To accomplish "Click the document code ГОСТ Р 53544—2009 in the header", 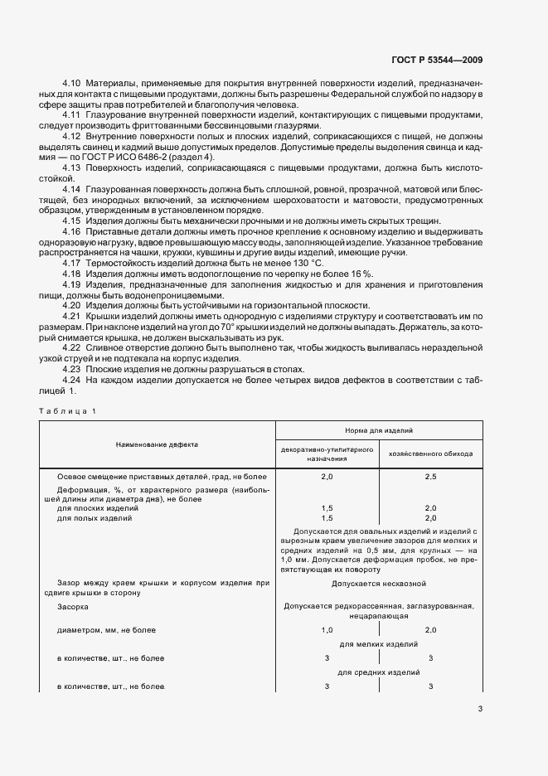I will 436,60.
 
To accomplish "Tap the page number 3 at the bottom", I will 480,708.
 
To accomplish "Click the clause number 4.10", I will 71,85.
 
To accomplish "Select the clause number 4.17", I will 71,263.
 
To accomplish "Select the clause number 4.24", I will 71,380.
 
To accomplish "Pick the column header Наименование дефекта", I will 157,444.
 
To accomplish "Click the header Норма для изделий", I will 379,431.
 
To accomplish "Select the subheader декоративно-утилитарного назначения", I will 327,453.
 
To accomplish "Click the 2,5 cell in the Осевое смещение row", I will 430,477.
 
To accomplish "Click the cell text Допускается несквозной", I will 379,584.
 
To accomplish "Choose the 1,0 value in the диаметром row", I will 327,630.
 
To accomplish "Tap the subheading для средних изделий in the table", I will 379,671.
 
